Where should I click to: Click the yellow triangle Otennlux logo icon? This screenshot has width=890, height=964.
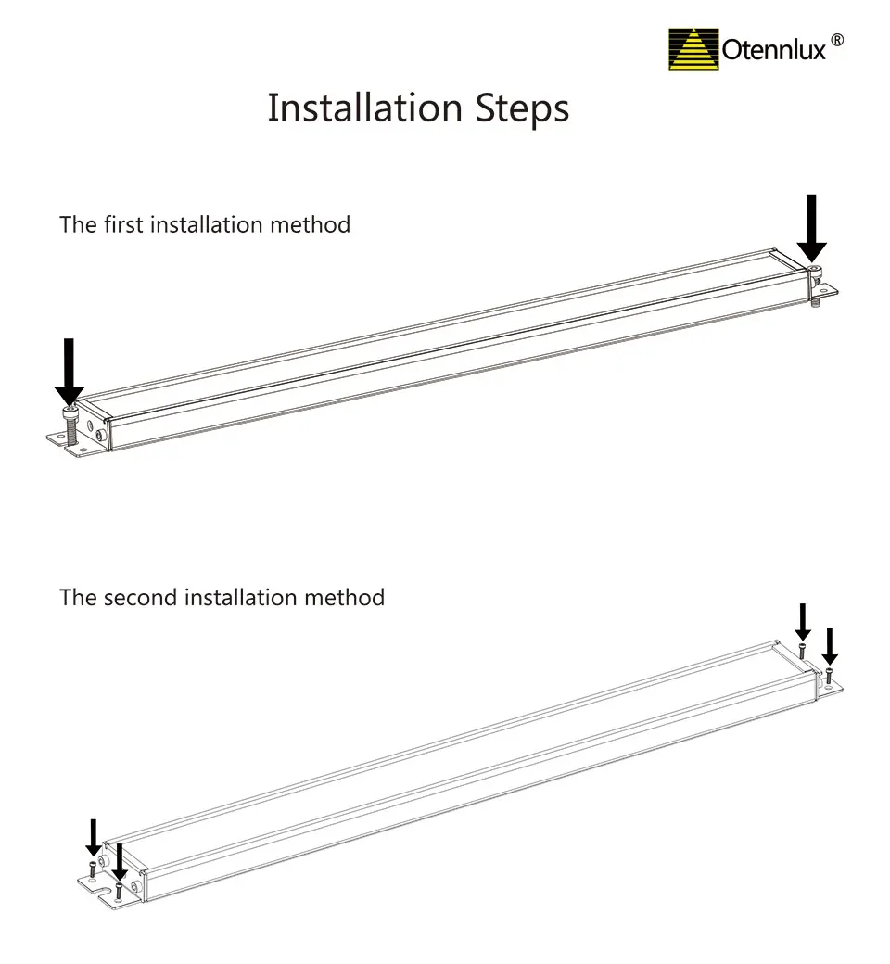tap(693, 50)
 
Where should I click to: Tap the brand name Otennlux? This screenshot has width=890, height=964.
tap(773, 50)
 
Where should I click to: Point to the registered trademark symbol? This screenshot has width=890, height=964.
tap(836, 41)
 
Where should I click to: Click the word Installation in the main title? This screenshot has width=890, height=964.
tap(365, 108)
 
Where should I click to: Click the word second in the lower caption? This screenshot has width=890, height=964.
tap(143, 597)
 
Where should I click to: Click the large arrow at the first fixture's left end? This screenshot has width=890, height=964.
tap(69, 371)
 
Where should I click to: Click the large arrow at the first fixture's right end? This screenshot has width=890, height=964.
tap(812, 227)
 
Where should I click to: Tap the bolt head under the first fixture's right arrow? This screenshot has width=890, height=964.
tap(813, 271)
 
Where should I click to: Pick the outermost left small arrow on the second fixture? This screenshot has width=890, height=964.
tap(93, 836)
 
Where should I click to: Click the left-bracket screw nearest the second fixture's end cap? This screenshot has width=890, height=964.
tap(119, 894)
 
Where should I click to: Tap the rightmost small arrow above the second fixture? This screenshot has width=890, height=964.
tap(830, 644)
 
